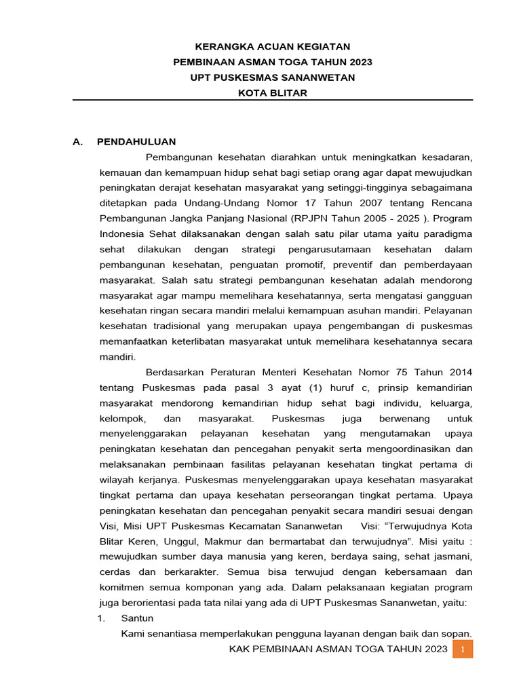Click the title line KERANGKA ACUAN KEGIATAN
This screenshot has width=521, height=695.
tap(273, 47)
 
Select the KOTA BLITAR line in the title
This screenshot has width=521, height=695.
tap(273, 93)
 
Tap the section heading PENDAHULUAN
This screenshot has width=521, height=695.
tap(136, 142)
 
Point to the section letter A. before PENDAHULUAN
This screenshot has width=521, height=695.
tap(78, 142)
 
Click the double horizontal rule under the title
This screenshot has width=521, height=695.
tap(273, 100)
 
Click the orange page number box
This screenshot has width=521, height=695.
tap(462, 650)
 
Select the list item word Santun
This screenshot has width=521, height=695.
tap(137, 618)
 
